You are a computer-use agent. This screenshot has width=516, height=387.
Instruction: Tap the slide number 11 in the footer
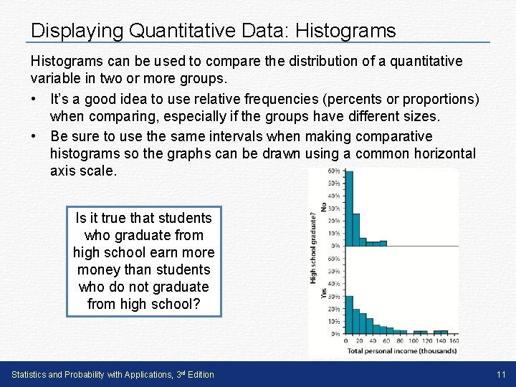point(501,375)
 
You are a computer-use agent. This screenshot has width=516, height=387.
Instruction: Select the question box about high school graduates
point(143,262)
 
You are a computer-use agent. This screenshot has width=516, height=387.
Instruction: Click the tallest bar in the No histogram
point(350,209)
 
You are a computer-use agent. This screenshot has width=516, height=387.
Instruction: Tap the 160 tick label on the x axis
point(453,341)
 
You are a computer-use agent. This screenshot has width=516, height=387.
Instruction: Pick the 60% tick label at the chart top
point(334,172)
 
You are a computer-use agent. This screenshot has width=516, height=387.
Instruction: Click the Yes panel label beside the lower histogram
point(323,294)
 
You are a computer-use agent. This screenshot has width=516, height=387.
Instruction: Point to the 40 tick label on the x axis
point(372,341)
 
